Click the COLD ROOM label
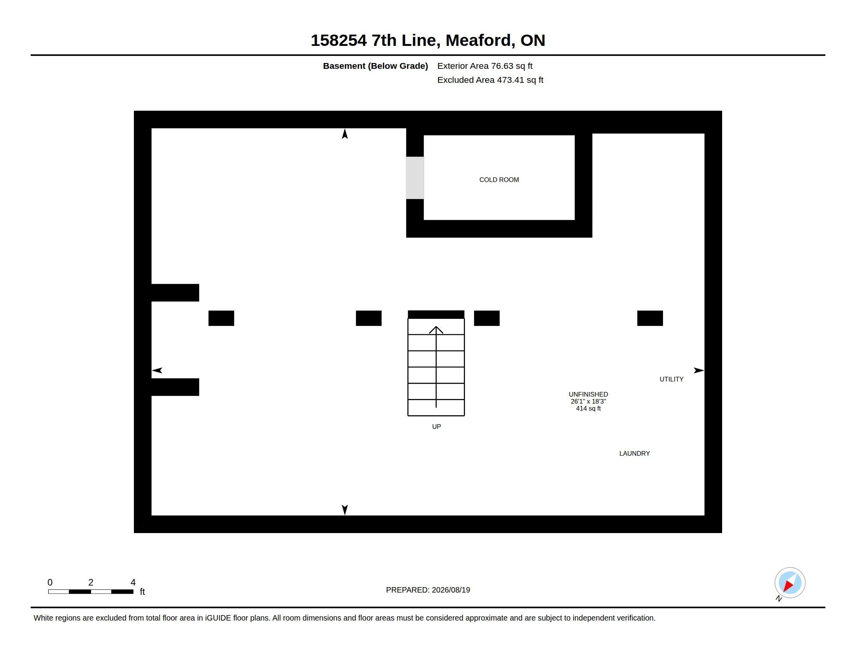[499, 180]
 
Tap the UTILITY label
[672, 379]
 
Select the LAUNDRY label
[635, 453]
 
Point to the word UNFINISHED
[588, 394]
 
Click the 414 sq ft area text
[588, 408]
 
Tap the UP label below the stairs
[436, 427]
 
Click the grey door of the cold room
[415, 178]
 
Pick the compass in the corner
[790, 583]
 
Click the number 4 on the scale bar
[133, 582]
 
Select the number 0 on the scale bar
[50, 582]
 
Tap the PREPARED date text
[428, 590]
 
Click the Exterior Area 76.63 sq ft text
[485, 66]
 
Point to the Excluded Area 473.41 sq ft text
[490, 80]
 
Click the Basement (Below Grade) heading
[375, 66]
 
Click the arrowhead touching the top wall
[345, 133]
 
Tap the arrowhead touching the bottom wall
[345, 510]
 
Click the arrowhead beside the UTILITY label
[699, 371]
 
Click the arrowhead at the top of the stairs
[436, 330]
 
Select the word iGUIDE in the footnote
[218, 618]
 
